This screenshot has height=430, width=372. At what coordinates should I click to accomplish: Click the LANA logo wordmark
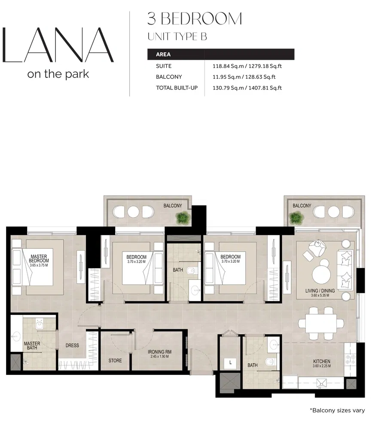tap(58, 45)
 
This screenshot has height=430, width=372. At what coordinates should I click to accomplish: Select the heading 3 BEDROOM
tap(195, 19)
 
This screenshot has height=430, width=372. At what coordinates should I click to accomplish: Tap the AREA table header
tap(163, 55)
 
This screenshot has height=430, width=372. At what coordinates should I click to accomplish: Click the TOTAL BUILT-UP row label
tap(177, 88)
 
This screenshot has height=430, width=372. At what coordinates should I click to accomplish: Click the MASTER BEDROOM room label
tap(39, 259)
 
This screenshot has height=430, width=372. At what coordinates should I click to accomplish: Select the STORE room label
tap(115, 361)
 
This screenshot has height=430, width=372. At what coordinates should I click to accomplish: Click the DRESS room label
tap(72, 345)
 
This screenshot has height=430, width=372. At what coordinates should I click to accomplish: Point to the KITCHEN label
tap(321, 361)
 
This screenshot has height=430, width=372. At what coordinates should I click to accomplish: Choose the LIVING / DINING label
tap(320, 291)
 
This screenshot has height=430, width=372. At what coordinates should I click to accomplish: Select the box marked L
tap(231, 363)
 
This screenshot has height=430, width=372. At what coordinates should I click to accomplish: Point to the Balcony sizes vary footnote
tap(337, 410)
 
